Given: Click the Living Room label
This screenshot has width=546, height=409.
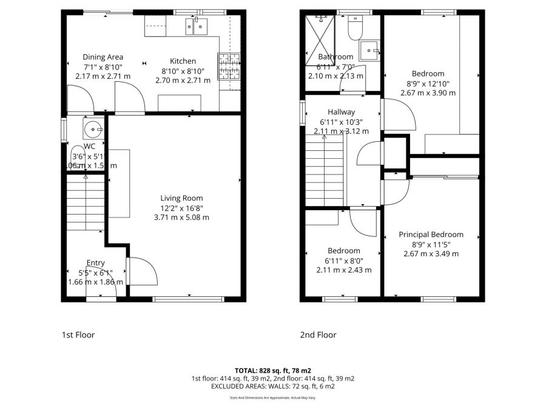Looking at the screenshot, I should click(x=181, y=198).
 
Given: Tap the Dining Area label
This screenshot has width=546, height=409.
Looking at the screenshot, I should click(x=103, y=58).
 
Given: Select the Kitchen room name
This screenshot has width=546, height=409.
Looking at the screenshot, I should click(x=183, y=61).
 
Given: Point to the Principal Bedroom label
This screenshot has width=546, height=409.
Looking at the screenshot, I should click(x=431, y=234).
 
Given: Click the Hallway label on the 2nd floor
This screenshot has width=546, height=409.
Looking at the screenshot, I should click(x=341, y=112).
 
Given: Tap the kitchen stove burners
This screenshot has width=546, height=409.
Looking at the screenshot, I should click(x=229, y=66).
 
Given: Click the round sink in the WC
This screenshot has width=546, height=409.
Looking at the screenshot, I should click(x=93, y=128).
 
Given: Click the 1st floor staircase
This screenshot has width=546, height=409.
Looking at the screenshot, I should click(x=85, y=203).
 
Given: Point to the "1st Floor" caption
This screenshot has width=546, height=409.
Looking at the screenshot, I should click(x=78, y=334).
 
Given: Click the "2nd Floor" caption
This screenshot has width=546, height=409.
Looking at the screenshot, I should click(x=318, y=334).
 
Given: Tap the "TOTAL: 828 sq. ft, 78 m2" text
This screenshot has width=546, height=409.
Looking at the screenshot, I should click(x=272, y=370).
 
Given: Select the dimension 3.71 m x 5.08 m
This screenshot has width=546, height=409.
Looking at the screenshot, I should click(x=181, y=218).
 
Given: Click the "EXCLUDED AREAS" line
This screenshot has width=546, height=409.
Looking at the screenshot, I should click(x=272, y=386).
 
